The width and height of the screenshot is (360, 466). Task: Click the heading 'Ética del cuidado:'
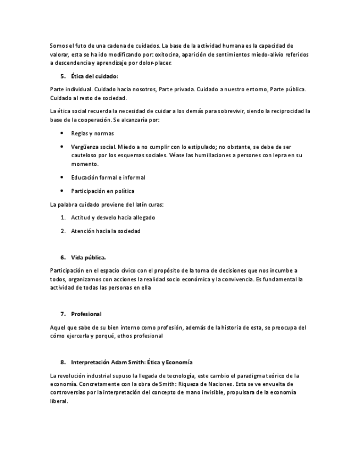pyautogui.click(x=95, y=76)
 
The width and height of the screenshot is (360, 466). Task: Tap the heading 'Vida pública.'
pyautogui.click(x=88, y=257)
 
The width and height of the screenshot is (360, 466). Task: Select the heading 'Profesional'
pyautogui.click(x=86, y=314)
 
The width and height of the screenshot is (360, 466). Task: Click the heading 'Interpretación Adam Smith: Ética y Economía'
pyautogui.click(x=132, y=363)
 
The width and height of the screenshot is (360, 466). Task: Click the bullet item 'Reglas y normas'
pyautogui.click(x=92, y=133)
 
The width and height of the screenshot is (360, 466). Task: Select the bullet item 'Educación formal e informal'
pyautogui.click(x=108, y=177)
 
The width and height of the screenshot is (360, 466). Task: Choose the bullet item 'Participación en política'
pyautogui.click(x=102, y=191)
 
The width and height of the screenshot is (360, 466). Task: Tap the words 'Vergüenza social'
pyautogui.click(x=93, y=147)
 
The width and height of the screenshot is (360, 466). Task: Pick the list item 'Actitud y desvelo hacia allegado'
pyautogui.click(x=113, y=218)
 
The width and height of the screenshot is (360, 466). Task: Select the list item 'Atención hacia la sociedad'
pyautogui.click(x=106, y=231)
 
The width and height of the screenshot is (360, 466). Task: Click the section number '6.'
pyautogui.click(x=63, y=257)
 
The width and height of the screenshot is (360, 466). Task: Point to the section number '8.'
pyautogui.click(x=63, y=363)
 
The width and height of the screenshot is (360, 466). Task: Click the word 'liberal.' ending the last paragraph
pyautogui.click(x=58, y=401)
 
